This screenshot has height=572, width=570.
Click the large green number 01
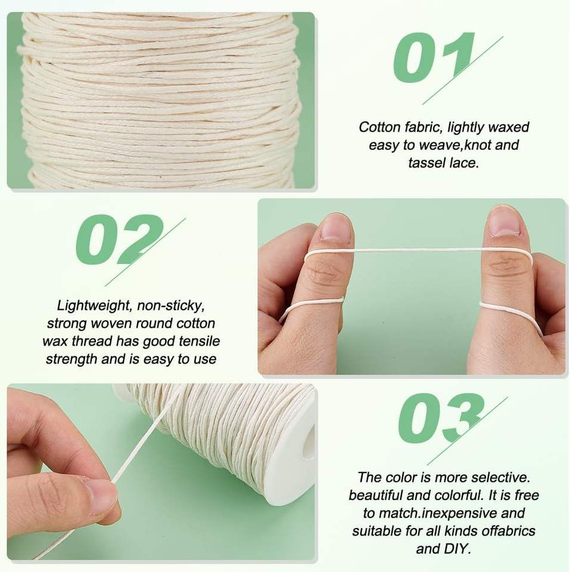tap(434, 58)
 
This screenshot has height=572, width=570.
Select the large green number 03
tap(441, 418)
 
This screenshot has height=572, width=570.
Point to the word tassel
tap(426, 163)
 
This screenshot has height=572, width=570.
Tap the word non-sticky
tap(171, 305)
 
